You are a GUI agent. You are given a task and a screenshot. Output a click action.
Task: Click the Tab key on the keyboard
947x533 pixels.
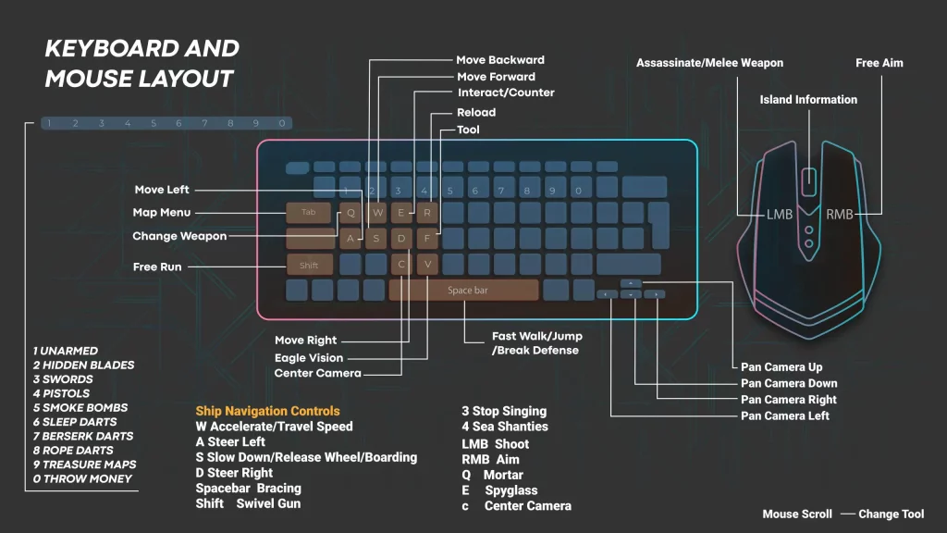click(309, 213)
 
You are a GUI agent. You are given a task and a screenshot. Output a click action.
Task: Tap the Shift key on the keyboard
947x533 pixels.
click(309, 266)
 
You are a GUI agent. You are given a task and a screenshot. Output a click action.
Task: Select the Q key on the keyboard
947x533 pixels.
click(351, 213)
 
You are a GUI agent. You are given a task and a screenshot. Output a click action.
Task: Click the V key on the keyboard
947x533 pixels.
click(427, 264)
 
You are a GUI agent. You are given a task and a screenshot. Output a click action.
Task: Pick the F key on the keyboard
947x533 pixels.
click(427, 238)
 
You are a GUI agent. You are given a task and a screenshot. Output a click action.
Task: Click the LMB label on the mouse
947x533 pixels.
click(779, 215)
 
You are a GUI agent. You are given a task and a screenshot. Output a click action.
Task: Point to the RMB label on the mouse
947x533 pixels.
click(840, 215)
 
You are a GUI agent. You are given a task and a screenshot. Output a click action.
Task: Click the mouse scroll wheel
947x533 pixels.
click(809, 181)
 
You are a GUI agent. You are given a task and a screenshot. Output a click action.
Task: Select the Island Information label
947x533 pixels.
click(808, 100)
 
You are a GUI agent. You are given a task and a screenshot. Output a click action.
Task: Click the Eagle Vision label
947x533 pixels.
click(309, 358)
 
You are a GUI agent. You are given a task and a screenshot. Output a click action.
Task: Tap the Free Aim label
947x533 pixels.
click(879, 63)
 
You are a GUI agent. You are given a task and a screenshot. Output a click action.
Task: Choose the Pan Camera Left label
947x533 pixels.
click(784, 415)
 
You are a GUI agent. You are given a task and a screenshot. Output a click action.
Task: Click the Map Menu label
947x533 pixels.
click(161, 212)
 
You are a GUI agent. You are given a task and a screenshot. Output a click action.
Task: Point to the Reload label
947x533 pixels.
click(476, 112)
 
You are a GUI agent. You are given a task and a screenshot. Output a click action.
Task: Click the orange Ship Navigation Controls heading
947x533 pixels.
click(267, 411)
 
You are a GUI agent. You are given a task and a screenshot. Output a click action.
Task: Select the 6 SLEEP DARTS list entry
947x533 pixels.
click(75, 422)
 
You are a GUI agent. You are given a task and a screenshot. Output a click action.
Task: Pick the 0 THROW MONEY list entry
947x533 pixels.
click(82, 478)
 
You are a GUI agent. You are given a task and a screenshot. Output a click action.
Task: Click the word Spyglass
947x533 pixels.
click(510, 490)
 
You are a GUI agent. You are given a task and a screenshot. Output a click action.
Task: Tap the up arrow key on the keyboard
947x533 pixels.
click(631, 283)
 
